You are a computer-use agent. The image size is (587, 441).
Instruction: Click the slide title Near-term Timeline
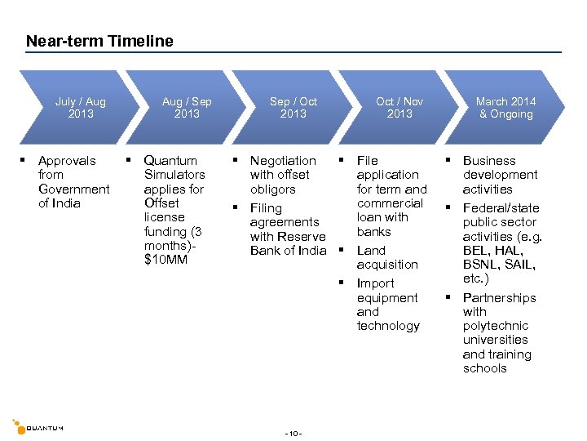point(99,41)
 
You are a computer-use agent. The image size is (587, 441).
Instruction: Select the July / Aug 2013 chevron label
point(81,108)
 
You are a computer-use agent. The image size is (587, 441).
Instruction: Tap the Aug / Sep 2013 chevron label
point(187,108)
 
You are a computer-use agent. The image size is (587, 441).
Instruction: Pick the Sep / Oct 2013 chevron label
point(293,108)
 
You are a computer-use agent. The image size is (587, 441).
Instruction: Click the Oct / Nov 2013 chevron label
point(399,108)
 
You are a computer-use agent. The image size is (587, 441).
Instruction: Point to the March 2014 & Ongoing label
point(505,108)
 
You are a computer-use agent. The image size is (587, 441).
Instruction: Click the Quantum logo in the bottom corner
point(38,426)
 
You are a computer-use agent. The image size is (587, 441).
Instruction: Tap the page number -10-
point(293,433)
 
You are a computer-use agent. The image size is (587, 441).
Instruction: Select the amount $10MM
point(166,260)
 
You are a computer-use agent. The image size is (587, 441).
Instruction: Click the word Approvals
point(67,161)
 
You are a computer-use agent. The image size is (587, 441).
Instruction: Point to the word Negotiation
point(283,161)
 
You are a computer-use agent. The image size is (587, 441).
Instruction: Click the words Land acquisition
point(387,257)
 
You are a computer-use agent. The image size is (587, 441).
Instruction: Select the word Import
point(376,283)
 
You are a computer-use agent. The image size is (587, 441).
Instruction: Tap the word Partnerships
point(499,298)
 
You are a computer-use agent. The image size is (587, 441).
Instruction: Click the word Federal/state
point(501,208)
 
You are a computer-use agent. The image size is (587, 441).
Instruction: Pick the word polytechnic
point(496,326)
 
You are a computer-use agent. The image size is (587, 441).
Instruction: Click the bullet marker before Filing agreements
point(235,207)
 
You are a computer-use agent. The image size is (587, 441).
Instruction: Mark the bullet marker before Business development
point(448,161)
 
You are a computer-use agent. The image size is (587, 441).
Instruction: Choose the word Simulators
point(174,175)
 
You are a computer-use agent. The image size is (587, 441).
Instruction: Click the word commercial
point(390,203)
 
